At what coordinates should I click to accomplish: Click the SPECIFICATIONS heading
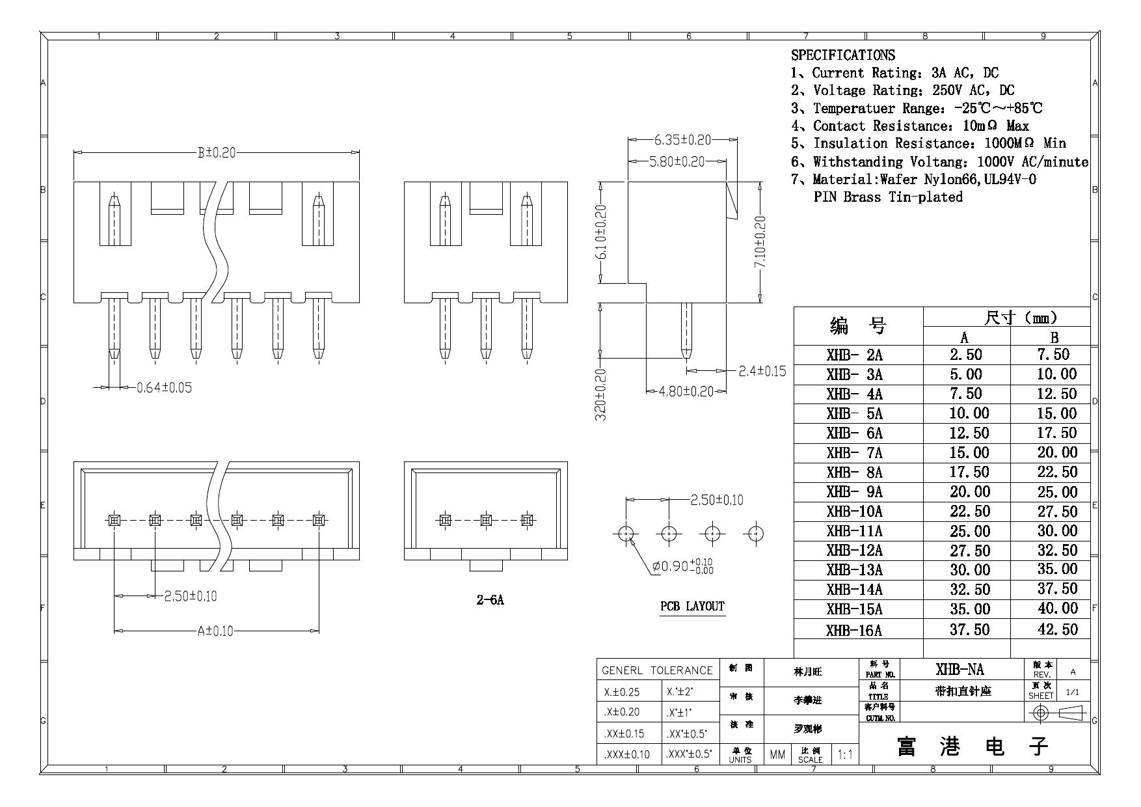point(842,55)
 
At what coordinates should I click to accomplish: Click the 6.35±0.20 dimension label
point(682,139)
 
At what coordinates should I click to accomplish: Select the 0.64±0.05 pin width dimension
point(164,388)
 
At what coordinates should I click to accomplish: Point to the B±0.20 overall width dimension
point(216,153)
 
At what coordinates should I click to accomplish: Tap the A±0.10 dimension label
point(215,631)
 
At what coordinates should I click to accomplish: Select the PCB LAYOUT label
point(692,607)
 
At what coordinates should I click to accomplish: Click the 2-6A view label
point(490,600)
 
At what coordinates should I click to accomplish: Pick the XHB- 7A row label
point(854,453)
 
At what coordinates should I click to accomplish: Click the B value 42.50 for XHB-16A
point(1057,629)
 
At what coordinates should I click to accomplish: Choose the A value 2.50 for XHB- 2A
point(965,355)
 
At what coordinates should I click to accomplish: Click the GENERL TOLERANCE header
point(657,670)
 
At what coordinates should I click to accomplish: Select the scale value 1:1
point(845,755)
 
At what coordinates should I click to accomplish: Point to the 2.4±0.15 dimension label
point(762,372)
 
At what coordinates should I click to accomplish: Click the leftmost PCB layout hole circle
point(626,534)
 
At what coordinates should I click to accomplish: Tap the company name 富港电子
point(973,746)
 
